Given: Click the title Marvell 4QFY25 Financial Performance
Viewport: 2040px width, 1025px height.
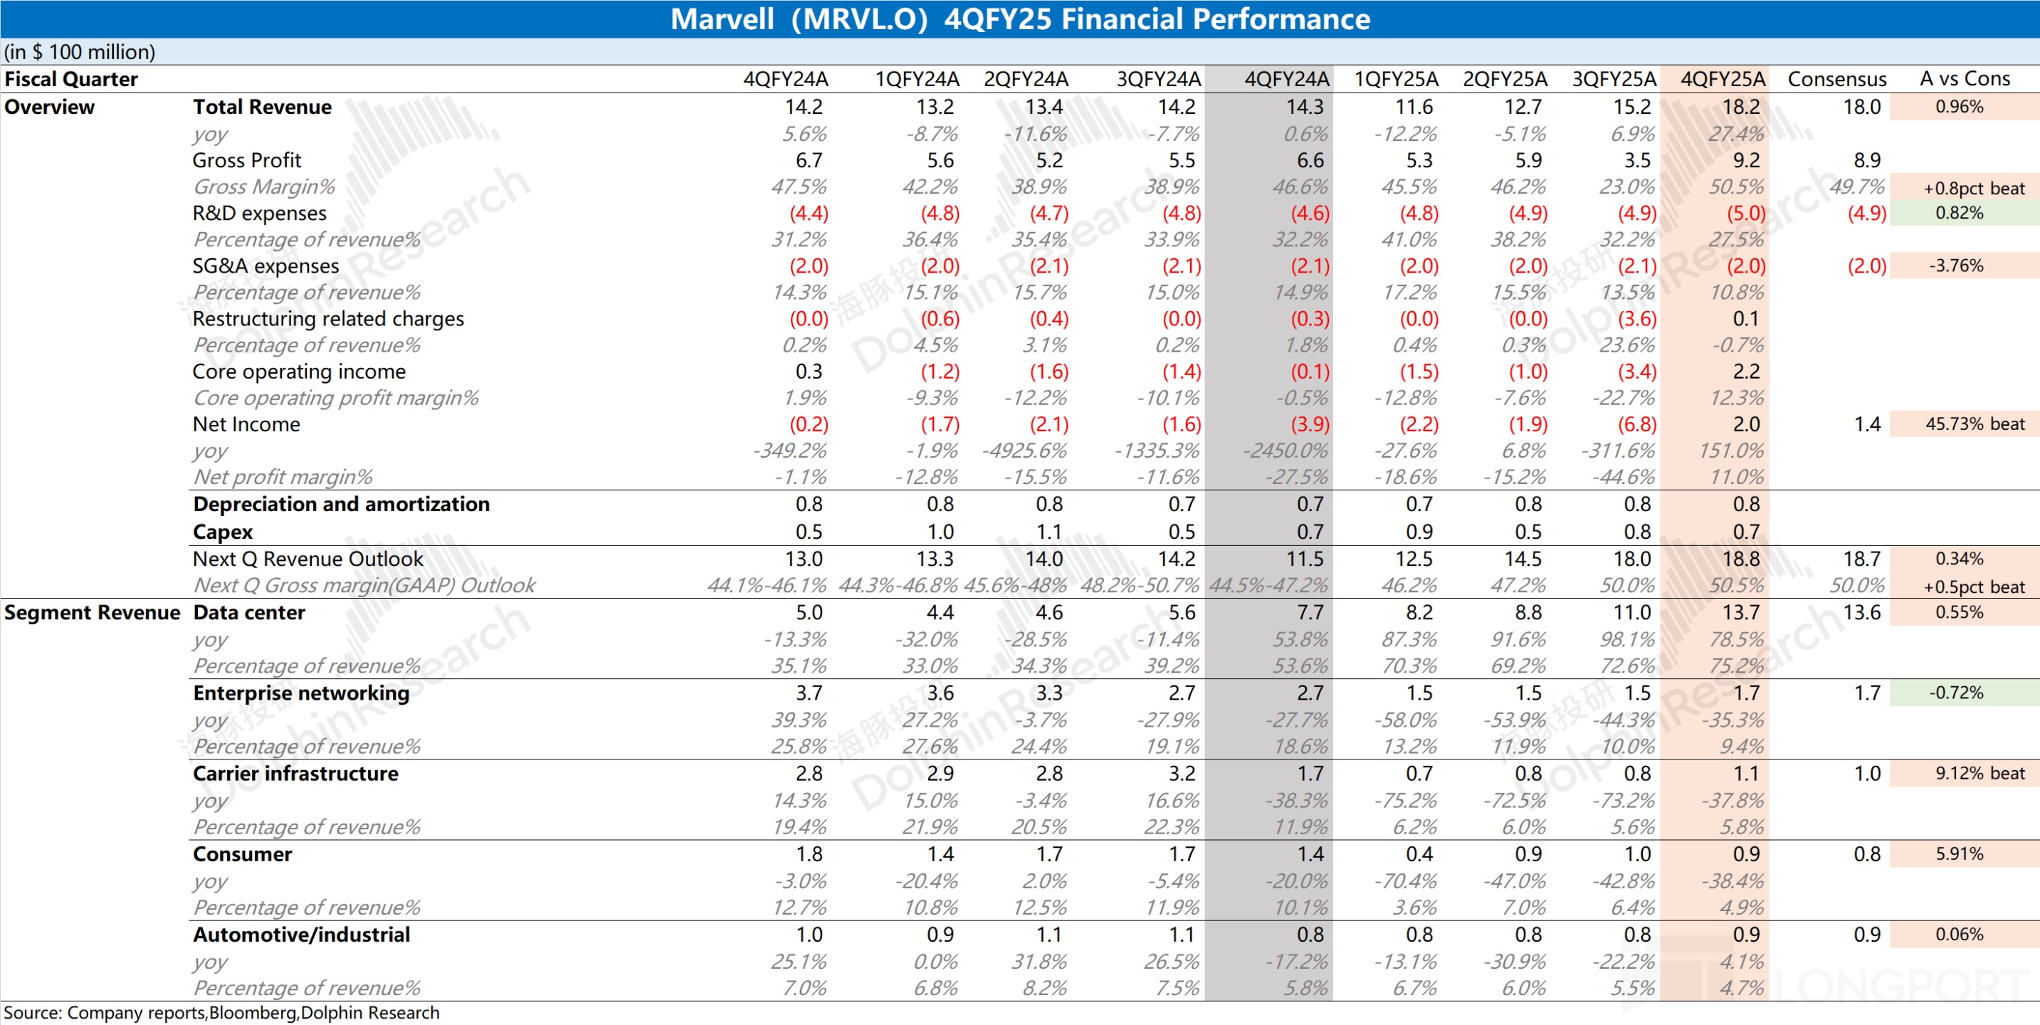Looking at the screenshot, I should click(1019, 19).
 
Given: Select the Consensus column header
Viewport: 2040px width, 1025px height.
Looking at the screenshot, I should click(1836, 79).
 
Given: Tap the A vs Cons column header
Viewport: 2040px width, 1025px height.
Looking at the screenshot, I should click(1964, 79).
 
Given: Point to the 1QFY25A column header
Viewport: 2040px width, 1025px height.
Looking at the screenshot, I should click(1395, 79).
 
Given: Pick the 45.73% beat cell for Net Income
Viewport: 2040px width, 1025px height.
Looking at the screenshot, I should click(1975, 424).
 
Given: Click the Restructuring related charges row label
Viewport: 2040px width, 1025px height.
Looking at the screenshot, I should click(328, 318).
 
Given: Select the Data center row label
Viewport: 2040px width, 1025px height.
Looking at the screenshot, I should click(248, 612).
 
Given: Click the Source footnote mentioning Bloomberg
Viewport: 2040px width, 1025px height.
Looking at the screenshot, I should click(222, 1012).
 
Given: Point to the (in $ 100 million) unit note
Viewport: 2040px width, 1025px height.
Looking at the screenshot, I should click(79, 52).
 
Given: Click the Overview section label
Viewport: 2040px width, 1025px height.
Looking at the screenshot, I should click(49, 107).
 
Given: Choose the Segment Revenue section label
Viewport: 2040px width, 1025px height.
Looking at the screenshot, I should click(92, 612).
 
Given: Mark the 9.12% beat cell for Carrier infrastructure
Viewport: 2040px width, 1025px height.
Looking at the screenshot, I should click(1979, 773).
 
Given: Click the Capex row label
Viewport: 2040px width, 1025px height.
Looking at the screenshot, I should click(223, 532).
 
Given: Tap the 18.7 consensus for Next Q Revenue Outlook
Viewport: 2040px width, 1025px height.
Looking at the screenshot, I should click(1861, 559).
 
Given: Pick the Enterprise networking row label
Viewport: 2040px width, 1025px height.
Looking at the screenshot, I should click(301, 693).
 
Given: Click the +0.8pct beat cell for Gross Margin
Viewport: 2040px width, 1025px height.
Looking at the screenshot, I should click(1974, 188).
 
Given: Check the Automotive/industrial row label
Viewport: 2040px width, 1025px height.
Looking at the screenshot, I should click(301, 935).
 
